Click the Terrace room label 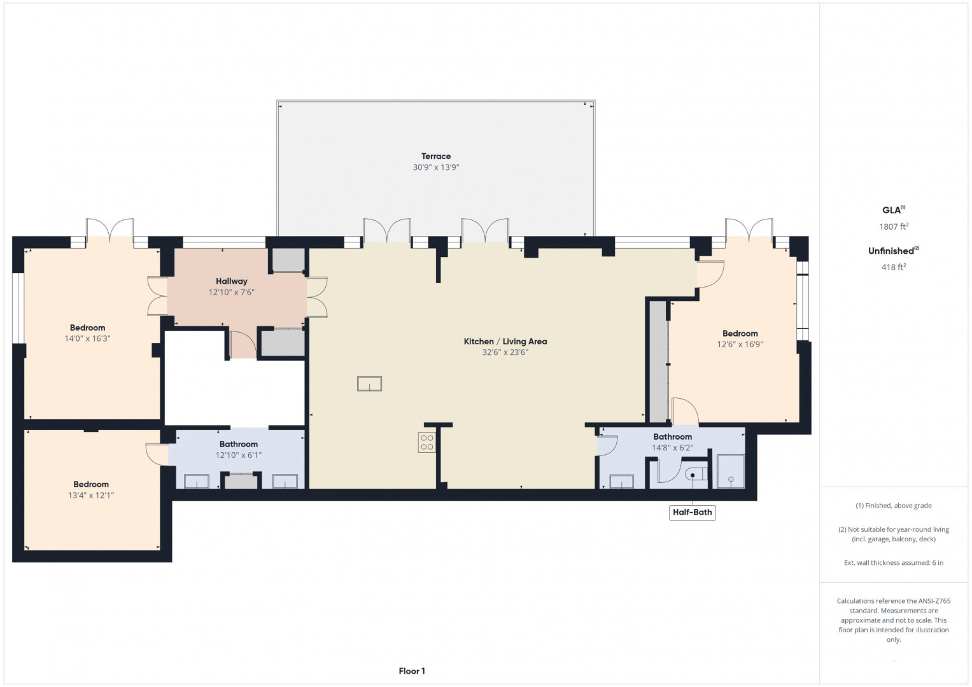(x=435, y=156)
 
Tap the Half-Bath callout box (x=692, y=512)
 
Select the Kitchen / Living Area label (x=505, y=342)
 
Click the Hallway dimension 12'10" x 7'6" (x=231, y=292)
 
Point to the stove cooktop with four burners (x=426, y=442)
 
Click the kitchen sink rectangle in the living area (x=369, y=384)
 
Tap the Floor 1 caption (x=412, y=671)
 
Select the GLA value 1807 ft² (x=894, y=226)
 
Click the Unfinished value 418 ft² (x=894, y=267)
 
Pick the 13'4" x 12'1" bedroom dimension (x=90, y=496)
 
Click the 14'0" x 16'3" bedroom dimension (x=87, y=338)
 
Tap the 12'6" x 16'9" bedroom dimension (x=740, y=344)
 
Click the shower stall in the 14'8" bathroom (x=731, y=471)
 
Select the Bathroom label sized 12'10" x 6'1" (x=238, y=444)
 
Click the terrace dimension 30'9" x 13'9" (x=435, y=167)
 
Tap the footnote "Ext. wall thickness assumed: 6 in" (x=894, y=562)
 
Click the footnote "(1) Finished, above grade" (x=894, y=505)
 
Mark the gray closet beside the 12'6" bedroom (x=658, y=361)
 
